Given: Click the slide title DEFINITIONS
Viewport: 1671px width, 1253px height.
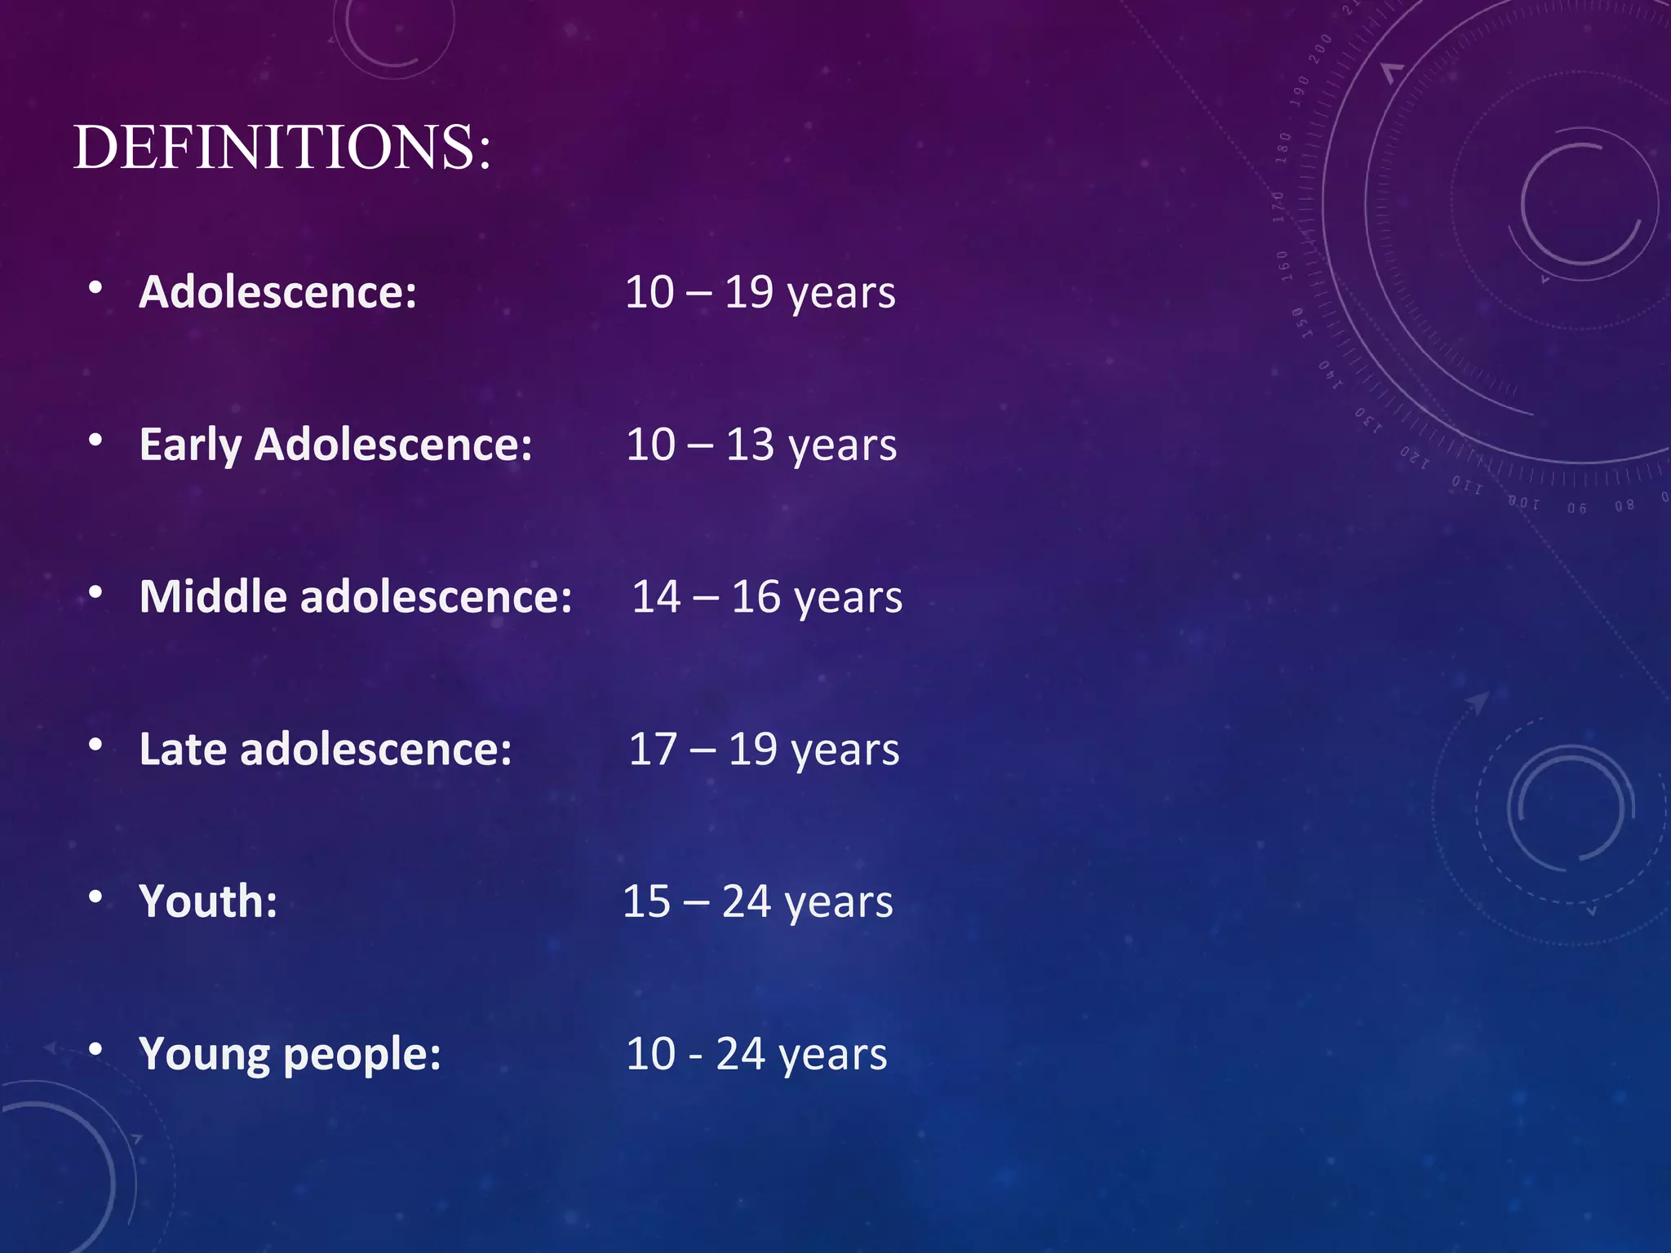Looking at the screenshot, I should tap(282, 148).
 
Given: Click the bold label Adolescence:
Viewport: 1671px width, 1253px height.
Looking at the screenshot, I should tap(277, 292).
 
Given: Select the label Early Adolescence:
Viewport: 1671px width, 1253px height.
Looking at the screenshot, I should tap(335, 445).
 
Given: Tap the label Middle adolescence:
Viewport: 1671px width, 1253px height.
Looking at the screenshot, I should tap(356, 597).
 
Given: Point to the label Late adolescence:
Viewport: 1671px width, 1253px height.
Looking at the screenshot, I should tap(326, 749).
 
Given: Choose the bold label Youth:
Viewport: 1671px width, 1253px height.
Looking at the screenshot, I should tap(208, 901).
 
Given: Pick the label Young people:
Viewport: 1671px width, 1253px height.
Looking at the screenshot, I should tap(290, 1054).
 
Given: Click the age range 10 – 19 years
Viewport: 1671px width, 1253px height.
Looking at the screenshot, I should tap(760, 292).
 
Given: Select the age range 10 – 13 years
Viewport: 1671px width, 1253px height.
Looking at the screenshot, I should tap(761, 445).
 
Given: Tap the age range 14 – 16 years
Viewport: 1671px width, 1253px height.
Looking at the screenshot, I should tap(767, 597).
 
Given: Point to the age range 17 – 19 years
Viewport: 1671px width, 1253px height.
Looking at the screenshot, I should tap(764, 749).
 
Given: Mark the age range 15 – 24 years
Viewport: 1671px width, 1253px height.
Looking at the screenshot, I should tap(757, 901).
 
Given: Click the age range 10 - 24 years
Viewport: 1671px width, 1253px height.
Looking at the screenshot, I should tap(756, 1054).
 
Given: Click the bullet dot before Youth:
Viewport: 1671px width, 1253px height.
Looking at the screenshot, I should tap(96, 897).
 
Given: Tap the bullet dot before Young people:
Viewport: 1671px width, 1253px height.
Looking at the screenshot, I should tap(96, 1049).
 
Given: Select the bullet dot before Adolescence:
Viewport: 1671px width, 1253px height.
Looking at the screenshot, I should tap(96, 288).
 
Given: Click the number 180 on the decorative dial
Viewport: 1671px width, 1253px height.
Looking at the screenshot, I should tap(1283, 148).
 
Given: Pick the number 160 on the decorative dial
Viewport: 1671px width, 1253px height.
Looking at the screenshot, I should tap(1283, 266).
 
